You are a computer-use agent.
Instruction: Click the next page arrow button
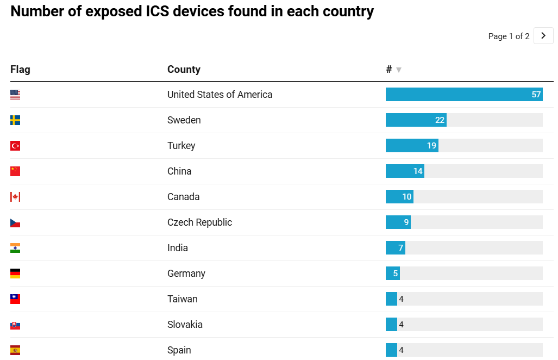point(543,36)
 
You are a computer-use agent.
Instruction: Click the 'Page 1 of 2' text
point(509,36)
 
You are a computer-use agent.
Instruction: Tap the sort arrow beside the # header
point(399,70)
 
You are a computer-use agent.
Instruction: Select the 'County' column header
point(184,70)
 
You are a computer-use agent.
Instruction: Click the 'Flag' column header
point(20,70)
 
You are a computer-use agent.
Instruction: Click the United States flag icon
point(15,95)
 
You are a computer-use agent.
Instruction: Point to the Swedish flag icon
point(15,120)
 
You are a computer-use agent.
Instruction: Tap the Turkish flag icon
point(15,146)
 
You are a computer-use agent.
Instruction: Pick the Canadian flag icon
point(15,197)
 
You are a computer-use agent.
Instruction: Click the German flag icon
point(15,274)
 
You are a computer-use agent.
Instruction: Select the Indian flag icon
point(15,248)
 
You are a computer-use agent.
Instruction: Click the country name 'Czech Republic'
point(199,222)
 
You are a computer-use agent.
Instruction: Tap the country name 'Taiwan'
point(182,299)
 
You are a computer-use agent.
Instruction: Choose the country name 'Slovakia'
point(185,325)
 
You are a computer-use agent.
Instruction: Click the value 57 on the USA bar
point(536,95)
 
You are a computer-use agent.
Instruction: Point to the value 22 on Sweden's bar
point(440,120)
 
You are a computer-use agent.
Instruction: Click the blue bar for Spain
point(391,350)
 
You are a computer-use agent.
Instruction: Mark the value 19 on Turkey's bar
point(432,146)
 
